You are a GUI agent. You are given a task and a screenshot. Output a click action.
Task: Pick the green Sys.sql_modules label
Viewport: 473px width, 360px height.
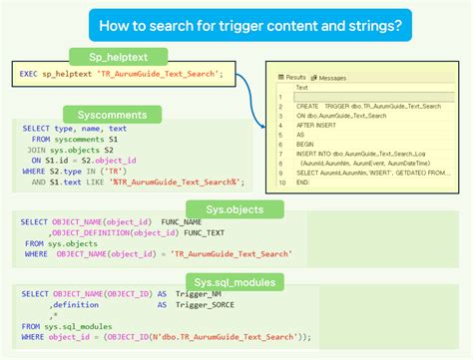tap(236, 282)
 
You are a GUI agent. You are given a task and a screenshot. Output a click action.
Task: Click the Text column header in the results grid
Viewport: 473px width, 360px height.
tap(302, 88)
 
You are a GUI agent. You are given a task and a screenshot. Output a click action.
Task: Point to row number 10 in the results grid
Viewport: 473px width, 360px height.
tap(286, 182)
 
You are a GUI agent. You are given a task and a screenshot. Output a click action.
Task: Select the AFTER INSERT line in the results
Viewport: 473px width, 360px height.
tap(319, 125)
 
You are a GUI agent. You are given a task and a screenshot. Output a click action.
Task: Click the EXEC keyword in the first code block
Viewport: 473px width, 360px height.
tap(28, 74)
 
